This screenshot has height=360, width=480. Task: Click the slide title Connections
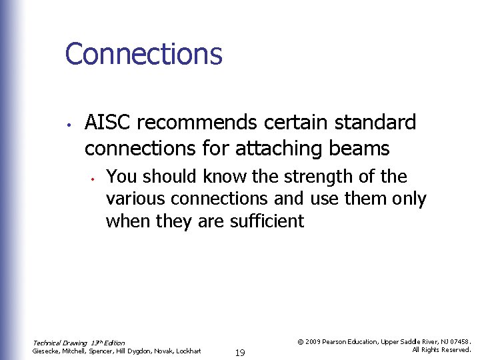pyautogui.click(x=143, y=54)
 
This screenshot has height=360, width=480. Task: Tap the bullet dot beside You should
pyautogui.click(x=95, y=178)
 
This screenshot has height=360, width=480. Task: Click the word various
pyautogui.click(x=136, y=199)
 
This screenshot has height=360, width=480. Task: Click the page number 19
pyautogui.click(x=240, y=352)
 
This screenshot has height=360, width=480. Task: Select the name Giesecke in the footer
pyautogui.click(x=47, y=351)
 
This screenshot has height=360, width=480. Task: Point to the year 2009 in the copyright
pyautogui.click(x=312, y=341)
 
